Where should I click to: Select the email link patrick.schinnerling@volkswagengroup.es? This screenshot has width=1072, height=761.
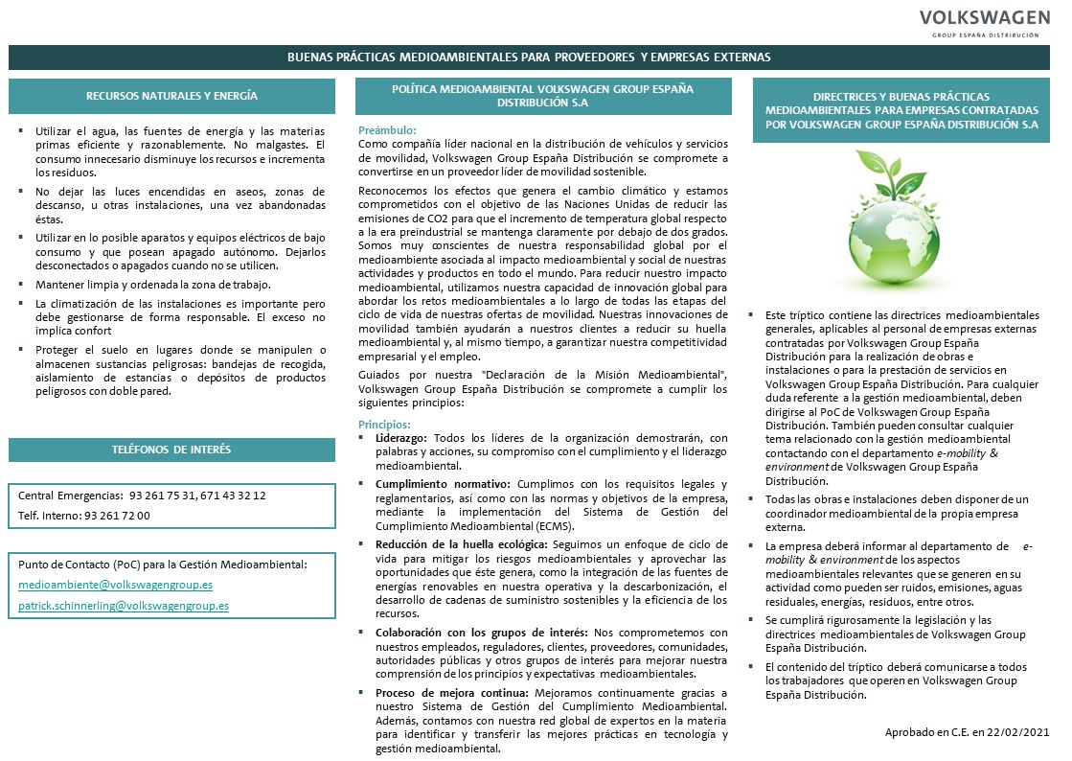[x=124, y=606]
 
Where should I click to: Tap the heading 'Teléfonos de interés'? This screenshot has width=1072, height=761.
[x=171, y=450]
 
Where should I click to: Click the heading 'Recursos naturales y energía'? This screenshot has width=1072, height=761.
[x=171, y=96]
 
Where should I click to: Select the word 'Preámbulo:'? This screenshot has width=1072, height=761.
[x=387, y=129]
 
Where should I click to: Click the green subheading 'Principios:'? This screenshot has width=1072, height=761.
[x=384, y=424]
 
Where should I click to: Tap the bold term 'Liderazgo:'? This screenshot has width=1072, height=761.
[x=400, y=438]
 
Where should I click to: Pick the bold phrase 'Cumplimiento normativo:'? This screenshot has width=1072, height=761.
[x=443, y=484]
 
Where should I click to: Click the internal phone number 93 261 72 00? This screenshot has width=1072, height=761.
[x=117, y=516]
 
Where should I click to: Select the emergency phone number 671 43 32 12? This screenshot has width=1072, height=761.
[x=233, y=496]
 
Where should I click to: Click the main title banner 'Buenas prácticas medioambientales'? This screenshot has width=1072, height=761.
[x=529, y=58]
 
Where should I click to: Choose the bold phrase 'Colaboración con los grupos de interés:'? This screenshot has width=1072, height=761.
[x=482, y=633]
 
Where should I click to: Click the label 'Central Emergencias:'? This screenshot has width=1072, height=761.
[x=69, y=496]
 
